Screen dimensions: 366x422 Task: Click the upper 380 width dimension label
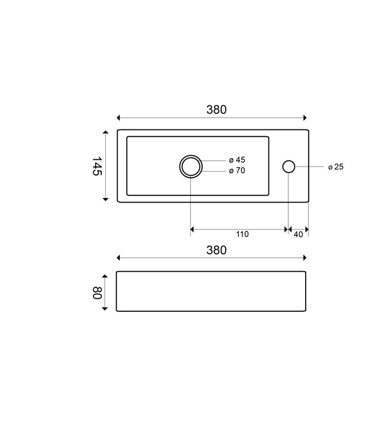[x=216, y=110]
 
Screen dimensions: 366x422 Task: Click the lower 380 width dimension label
[x=216, y=250]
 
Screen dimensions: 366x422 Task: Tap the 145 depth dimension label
[x=97, y=166]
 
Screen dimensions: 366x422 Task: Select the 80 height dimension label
[x=97, y=293]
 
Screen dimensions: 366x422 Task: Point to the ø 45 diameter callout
[x=237, y=160]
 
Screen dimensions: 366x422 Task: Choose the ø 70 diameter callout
[x=237, y=170]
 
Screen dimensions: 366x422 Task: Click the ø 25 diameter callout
[x=336, y=167]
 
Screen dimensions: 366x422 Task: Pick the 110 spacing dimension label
[x=242, y=234]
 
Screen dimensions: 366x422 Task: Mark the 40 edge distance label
[x=298, y=235]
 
